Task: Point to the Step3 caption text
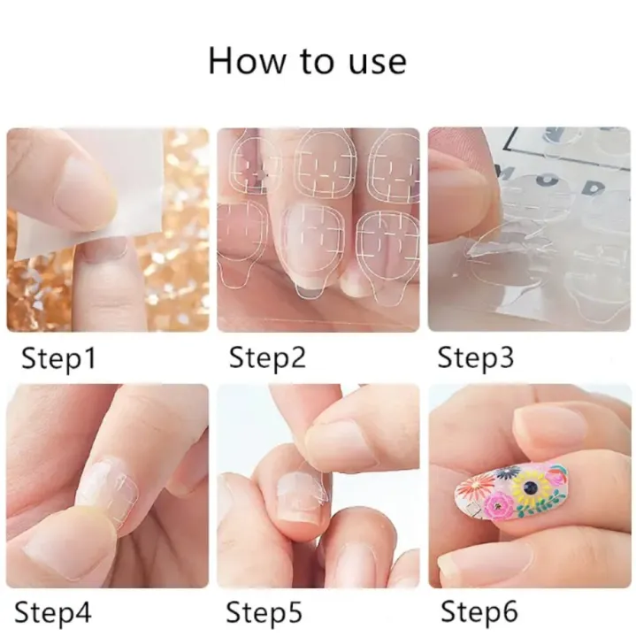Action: [x=479, y=358]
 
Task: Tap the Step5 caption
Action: [x=264, y=611]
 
